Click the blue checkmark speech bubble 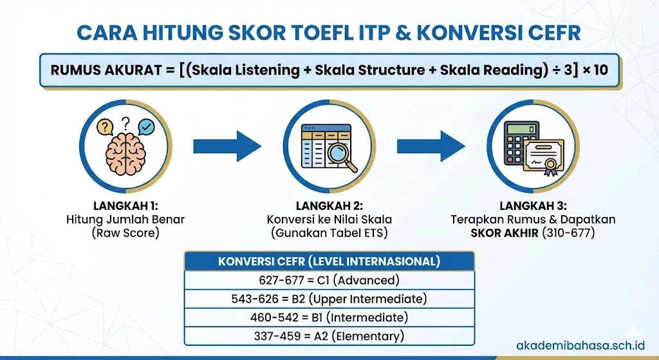point(147,127)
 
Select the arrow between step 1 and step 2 point(227,146)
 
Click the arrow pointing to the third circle point(431,146)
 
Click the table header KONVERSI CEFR point(329,261)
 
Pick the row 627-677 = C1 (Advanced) point(329,280)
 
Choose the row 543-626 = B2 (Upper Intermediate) point(329,299)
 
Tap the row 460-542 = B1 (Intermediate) point(329,317)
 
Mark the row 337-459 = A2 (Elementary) point(329,336)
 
